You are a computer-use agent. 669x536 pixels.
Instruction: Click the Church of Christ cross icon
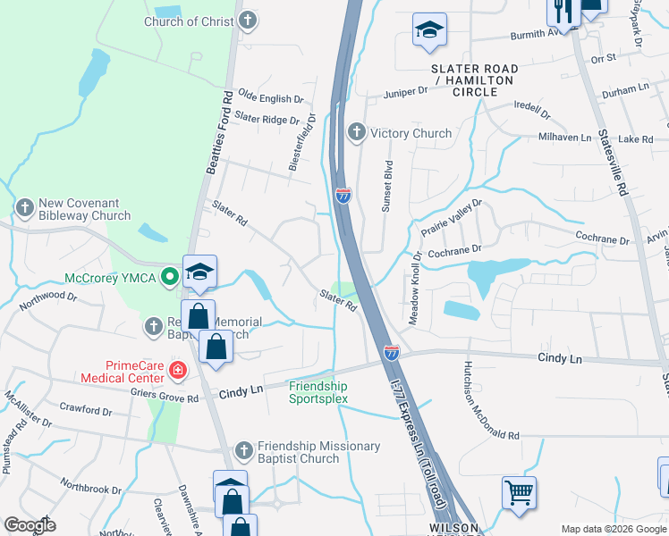click(248, 21)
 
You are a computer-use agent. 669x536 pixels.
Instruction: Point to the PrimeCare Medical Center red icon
click(178, 370)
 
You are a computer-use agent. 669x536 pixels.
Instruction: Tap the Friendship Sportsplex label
click(318, 392)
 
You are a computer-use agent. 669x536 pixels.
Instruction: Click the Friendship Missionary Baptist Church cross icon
click(245, 450)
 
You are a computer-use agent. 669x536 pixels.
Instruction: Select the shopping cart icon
click(519, 490)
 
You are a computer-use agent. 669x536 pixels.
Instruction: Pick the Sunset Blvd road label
click(388, 185)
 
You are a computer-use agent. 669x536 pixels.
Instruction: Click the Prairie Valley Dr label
click(453, 218)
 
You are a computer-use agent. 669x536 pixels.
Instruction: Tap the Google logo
click(30, 525)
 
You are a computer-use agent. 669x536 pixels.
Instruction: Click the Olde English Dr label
click(271, 99)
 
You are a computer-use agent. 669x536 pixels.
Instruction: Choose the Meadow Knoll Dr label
click(414, 288)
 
